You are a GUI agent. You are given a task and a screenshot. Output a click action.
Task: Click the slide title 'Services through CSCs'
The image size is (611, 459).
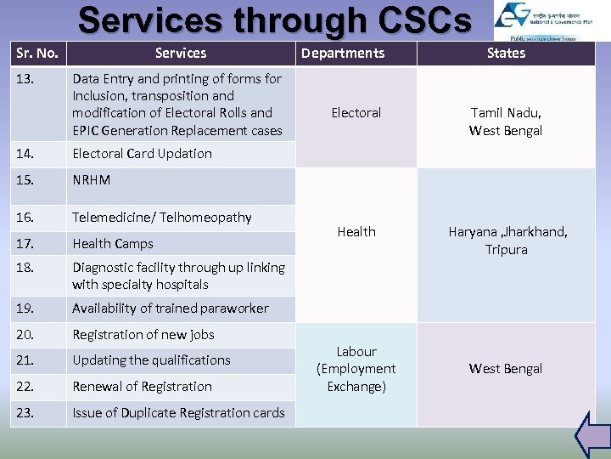(x=274, y=20)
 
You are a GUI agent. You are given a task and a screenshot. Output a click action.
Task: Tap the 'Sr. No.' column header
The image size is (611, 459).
(x=36, y=54)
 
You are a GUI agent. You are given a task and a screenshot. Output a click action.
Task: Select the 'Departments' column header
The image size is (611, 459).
(x=343, y=54)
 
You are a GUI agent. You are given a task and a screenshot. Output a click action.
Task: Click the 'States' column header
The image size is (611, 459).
(x=506, y=54)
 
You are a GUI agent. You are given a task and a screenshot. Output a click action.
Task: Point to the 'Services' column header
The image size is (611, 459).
(x=181, y=54)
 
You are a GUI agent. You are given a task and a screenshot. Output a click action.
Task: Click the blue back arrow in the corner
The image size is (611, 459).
(x=591, y=435)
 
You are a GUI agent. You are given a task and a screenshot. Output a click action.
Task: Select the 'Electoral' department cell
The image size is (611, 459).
(x=356, y=113)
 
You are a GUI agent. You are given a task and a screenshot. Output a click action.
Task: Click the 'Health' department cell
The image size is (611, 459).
(x=356, y=231)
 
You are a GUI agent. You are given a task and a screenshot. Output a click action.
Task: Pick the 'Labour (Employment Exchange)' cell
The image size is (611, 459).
(x=356, y=369)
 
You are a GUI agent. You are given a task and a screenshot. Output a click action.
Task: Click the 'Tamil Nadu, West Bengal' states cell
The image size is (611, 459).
(x=506, y=122)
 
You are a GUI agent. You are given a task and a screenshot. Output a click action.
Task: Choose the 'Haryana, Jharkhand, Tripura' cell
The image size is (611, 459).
(x=506, y=241)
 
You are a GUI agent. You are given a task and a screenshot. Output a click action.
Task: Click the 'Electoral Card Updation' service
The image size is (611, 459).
(x=142, y=154)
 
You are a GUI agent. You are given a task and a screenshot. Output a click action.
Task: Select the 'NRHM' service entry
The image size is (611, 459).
(x=91, y=180)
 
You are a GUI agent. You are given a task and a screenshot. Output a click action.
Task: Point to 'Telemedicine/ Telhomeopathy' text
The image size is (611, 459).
(x=161, y=218)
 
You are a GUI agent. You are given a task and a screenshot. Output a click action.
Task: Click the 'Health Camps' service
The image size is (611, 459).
(x=113, y=244)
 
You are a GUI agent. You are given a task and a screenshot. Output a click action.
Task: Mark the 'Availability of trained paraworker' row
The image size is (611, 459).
(x=170, y=309)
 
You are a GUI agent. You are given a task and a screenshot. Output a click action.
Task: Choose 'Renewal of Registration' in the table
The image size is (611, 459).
(x=142, y=387)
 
